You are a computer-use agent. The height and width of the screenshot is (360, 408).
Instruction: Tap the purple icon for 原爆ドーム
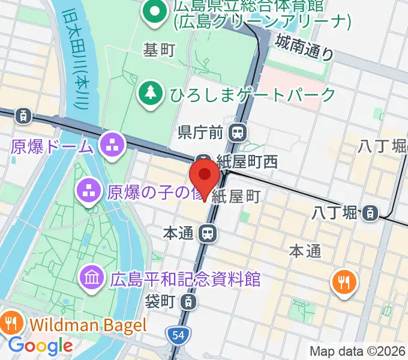coord(112,144)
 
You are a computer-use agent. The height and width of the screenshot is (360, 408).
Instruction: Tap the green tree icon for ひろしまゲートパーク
coord(148,94)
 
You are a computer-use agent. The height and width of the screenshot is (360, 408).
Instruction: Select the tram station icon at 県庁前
coord(239,131)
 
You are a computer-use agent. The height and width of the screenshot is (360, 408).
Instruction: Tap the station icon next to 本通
coord(208,233)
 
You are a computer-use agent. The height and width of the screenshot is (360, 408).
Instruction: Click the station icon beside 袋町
coord(188,301)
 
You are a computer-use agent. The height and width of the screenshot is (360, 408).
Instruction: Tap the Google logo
coord(40,346)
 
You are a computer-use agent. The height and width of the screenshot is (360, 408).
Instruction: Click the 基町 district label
coord(159,50)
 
